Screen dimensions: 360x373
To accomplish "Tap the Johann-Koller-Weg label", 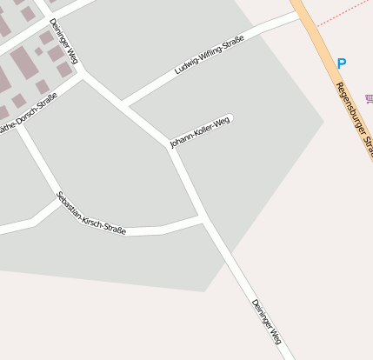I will click(x=200, y=131).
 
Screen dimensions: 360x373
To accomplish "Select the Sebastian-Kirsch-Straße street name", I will click(x=90, y=214).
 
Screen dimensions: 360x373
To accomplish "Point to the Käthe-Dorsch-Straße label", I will click(x=27, y=113).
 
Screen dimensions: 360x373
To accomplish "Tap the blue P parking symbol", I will click(x=341, y=63).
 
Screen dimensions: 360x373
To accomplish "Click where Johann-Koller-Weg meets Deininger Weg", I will click(x=171, y=147).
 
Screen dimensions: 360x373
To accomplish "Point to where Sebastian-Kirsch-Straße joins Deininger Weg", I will click(x=203, y=218).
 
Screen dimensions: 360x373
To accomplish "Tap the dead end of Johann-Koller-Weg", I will click(x=231, y=117).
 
